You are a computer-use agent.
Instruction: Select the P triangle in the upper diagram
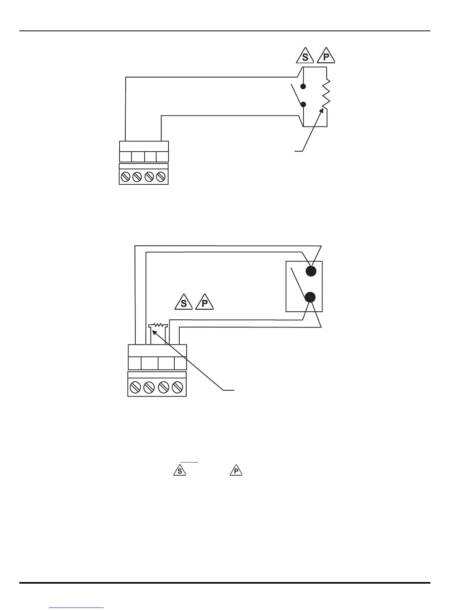click(326, 56)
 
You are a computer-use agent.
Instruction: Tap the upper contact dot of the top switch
click(303, 86)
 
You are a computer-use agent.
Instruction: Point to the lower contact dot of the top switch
click(303, 104)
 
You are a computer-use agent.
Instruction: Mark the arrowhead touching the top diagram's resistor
click(322, 111)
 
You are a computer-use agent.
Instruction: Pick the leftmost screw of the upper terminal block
click(125, 177)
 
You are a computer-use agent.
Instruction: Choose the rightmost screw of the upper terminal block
click(162, 177)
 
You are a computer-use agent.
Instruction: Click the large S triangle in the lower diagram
click(184, 302)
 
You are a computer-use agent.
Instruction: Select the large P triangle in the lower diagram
click(205, 302)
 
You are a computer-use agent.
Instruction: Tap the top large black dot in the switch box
click(311, 271)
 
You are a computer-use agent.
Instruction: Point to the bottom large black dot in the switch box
click(310, 297)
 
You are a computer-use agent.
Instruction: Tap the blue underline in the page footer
click(77, 608)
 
